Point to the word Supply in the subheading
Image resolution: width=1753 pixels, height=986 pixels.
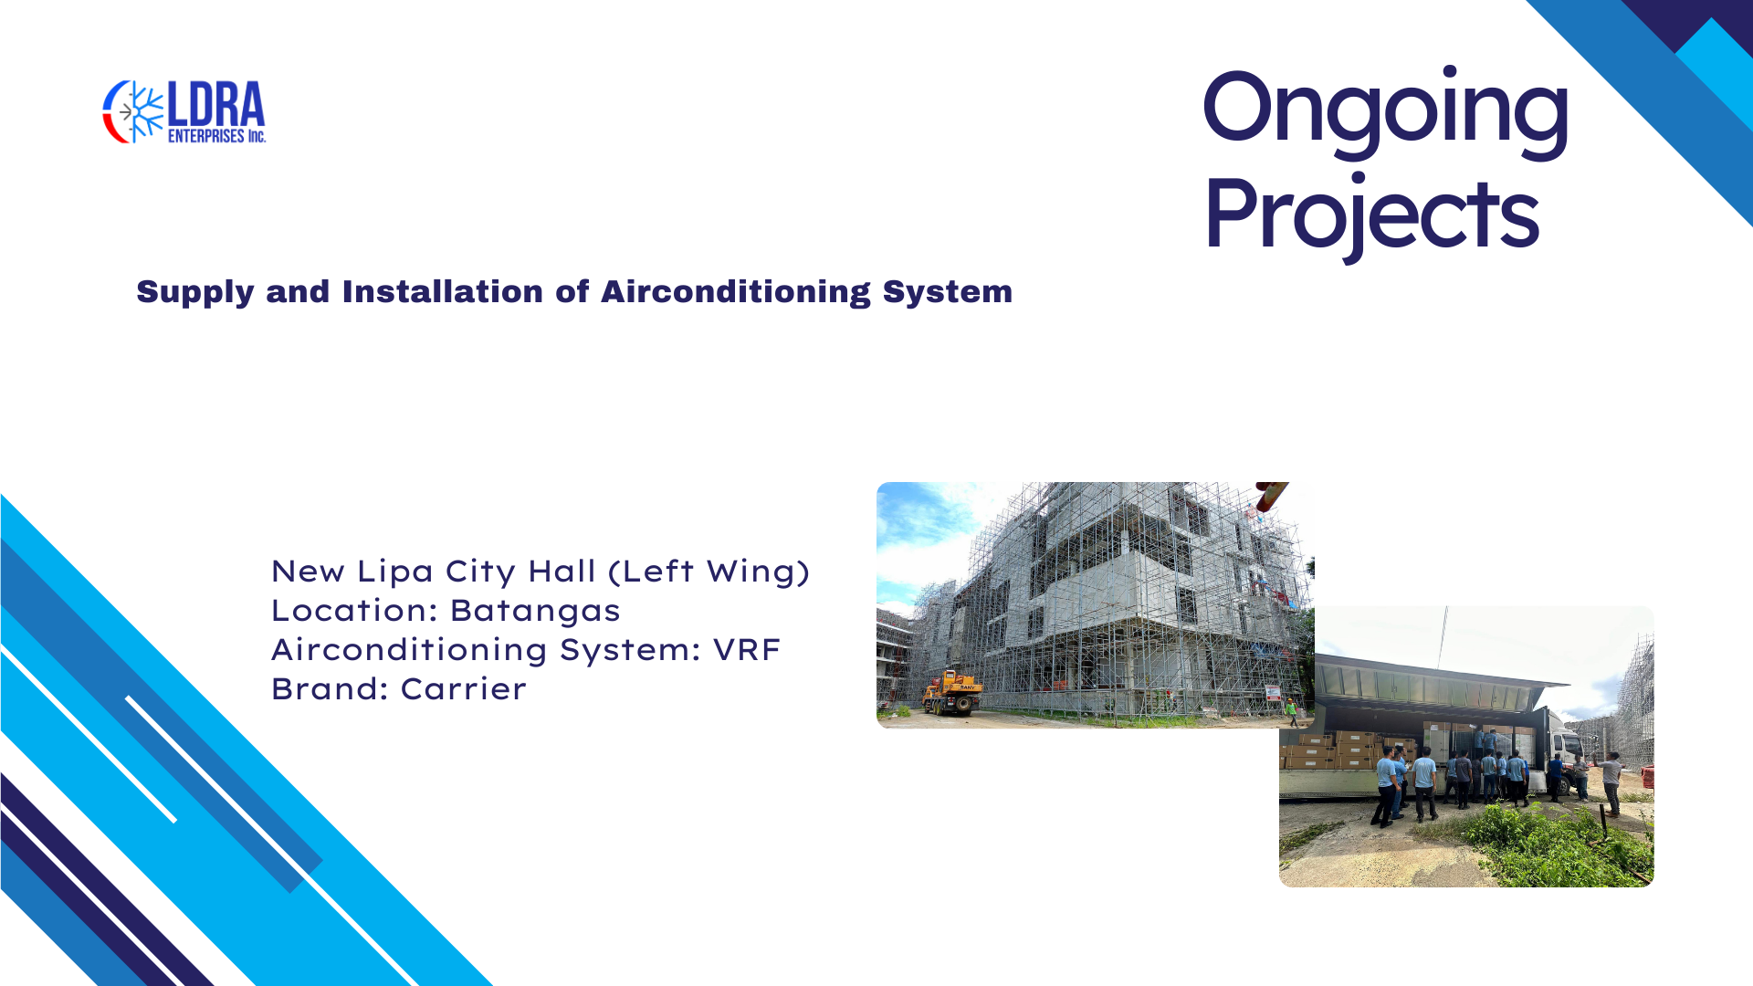point(195,292)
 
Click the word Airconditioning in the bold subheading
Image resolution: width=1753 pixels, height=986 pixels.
point(736,292)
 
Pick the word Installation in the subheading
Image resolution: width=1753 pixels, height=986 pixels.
point(443,292)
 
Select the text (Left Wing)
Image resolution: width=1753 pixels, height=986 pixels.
point(709,572)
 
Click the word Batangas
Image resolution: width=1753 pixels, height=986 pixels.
point(534,611)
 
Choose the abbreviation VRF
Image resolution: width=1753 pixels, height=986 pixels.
point(746,650)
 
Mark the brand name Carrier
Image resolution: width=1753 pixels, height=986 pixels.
point(463,689)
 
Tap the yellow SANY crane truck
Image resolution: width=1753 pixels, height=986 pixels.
point(951,693)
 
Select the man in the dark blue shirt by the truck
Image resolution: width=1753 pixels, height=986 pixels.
point(1555,777)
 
